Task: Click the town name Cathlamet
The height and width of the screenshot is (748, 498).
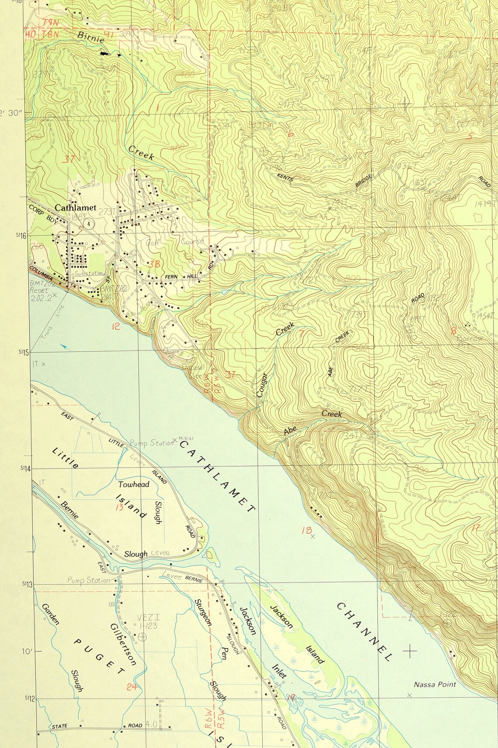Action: [x=75, y=208]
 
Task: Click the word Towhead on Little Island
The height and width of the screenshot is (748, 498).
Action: [x=134, y=484]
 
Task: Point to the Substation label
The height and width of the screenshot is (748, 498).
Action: [x=89, y=273]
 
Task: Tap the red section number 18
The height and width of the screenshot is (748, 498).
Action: [x=306, y=530]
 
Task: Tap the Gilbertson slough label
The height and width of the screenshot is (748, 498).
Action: [x=124, y=644]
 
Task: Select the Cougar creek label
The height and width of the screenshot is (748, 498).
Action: [x=263, y=384]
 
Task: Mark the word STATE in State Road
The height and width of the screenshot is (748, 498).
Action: [x=60, y=726]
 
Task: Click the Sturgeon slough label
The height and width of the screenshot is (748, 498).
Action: [x=203, y=613]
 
